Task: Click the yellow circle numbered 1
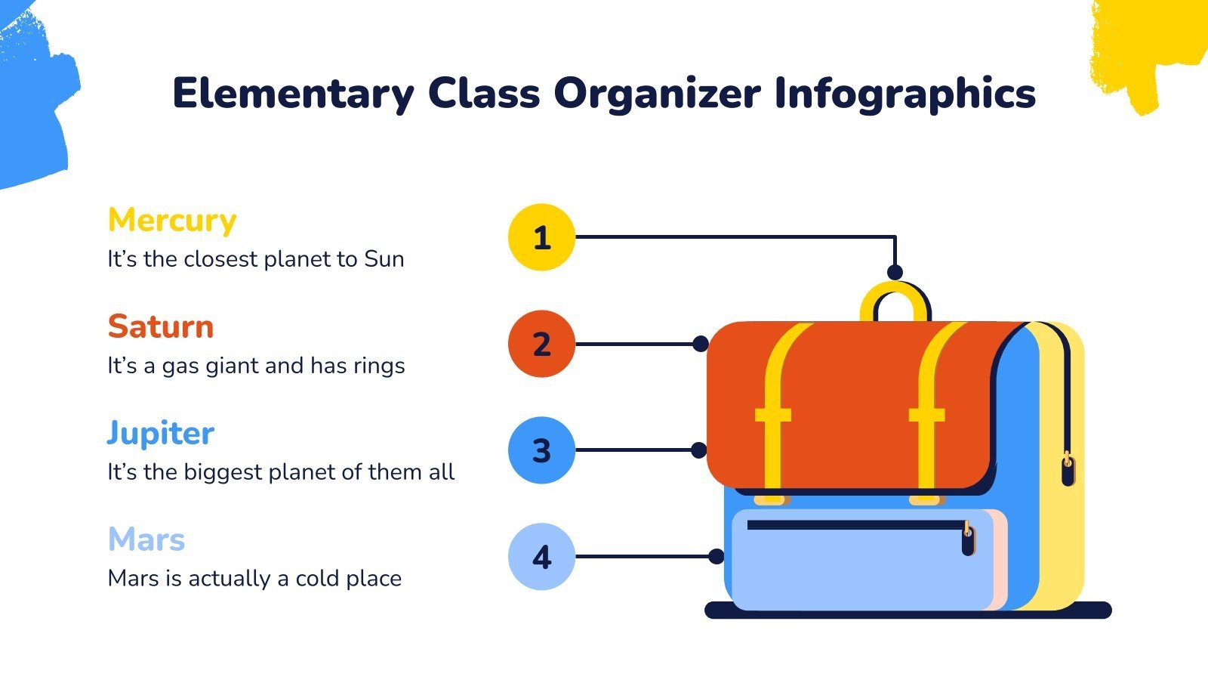541,237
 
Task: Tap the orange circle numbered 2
541,344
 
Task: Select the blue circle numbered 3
541,450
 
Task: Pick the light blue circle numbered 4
541,557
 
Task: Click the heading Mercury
172,221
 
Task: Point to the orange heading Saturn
161,327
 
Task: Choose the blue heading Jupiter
161,434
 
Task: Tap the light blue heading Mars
146,540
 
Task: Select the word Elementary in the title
293,94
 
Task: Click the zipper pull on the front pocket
968,540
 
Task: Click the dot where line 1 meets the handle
895,272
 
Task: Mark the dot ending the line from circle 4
716,557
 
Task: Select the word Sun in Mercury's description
384,259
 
